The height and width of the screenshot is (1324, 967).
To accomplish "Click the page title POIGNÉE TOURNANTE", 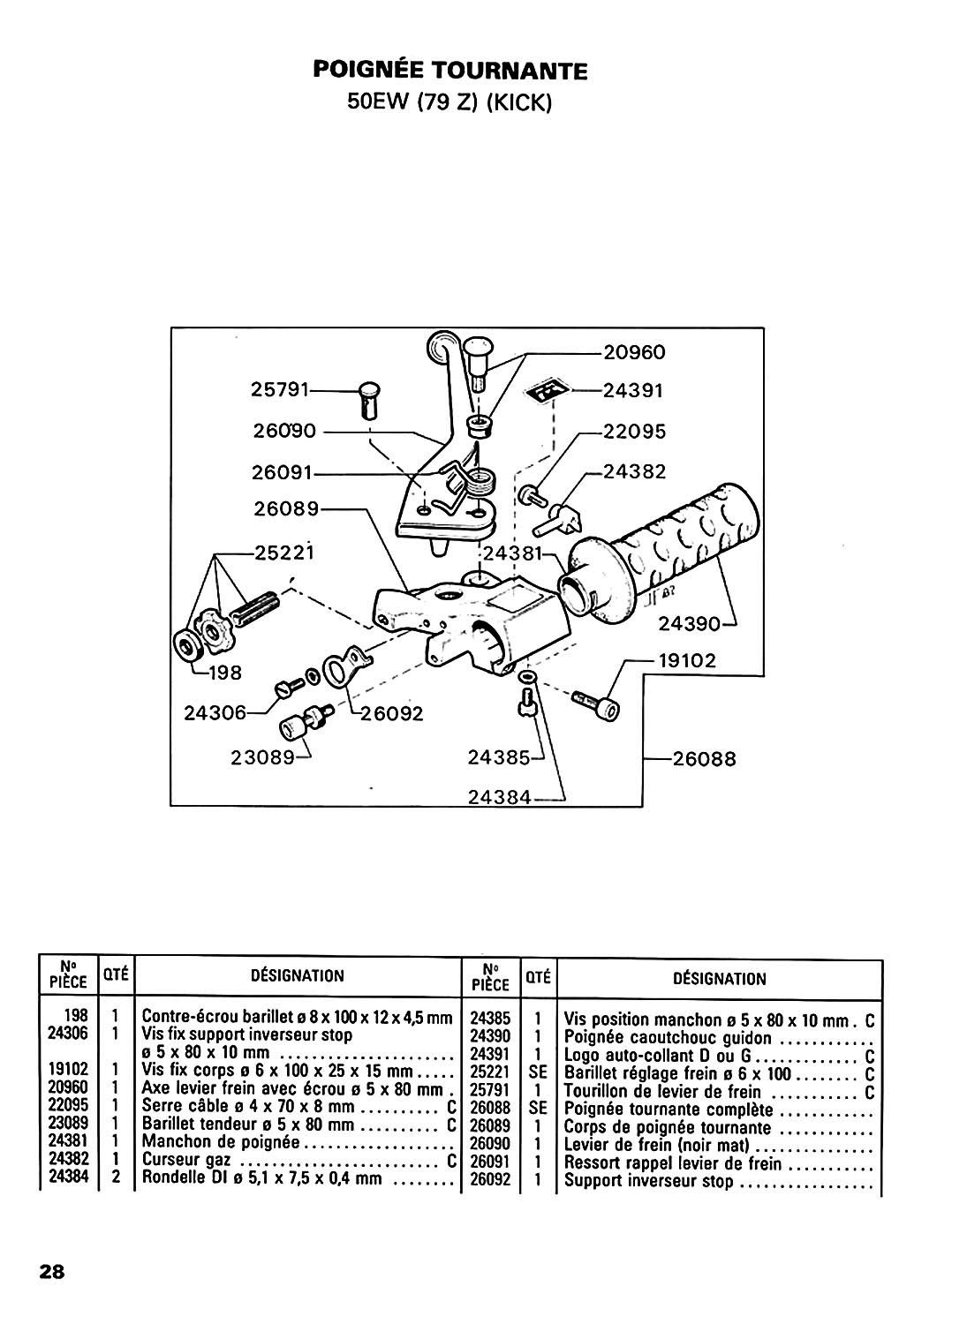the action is [450, 71].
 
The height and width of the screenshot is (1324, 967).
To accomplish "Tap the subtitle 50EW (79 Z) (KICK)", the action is [450, 102].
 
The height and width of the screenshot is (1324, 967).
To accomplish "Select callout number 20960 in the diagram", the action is [634, 352].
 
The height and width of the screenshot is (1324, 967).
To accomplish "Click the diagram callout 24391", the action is [633, 391].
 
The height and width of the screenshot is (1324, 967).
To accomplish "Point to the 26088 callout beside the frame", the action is [704, 759].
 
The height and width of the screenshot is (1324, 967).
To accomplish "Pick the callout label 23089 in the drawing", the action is [262, 757].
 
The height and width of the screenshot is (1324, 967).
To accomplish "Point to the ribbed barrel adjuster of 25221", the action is [256, 607].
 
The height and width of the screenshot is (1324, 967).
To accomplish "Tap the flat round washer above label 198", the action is [189, 649].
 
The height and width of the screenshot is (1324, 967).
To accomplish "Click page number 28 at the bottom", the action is [52, 1271].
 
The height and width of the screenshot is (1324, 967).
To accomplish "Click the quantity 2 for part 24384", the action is [116, 1177].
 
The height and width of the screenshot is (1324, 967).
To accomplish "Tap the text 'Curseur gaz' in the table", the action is [186, 1160].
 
